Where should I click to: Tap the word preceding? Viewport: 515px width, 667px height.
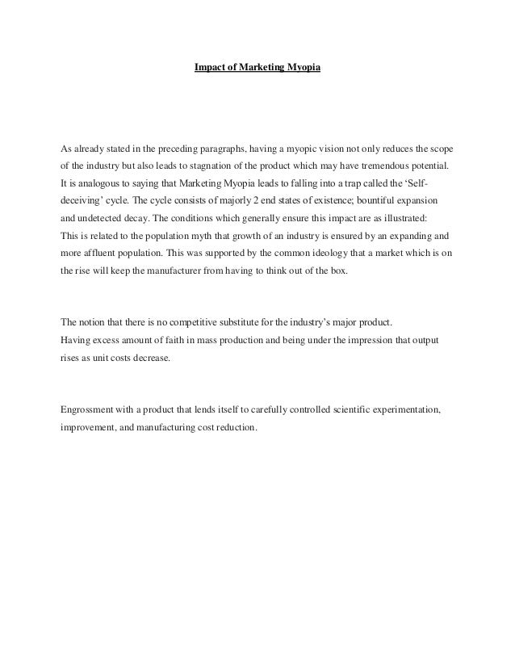click(x=170, y=149)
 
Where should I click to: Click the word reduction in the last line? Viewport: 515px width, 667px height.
click(x=234, y=428)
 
